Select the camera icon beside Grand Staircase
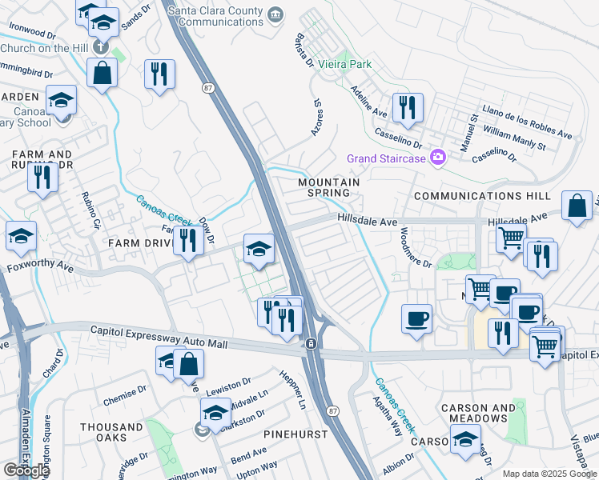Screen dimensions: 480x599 (437, 158)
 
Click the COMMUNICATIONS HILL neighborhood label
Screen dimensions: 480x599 (481, 196)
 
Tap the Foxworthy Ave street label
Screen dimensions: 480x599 (40, 264)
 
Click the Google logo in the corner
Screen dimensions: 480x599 (26, 470)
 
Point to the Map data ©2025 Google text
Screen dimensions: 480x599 (549, 474)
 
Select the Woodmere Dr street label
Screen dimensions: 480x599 (415, 247)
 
